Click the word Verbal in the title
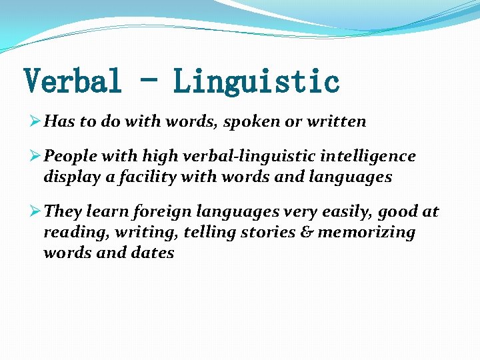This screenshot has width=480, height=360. point(73,82)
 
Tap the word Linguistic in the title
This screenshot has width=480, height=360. point(257,82)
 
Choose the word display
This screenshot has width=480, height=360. point(67,178)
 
